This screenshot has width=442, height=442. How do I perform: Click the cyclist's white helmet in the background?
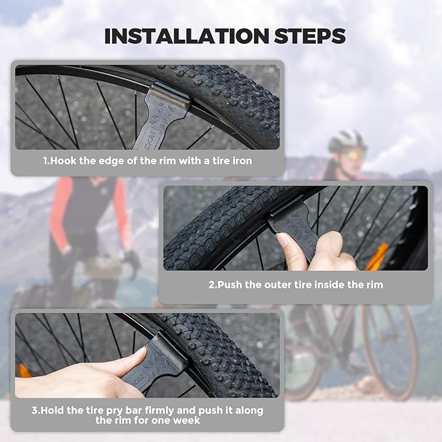[x=347, y=140]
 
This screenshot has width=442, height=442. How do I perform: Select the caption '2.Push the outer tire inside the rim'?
[x=296, y=284]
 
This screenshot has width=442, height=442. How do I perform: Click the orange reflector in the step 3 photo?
[x=24, y=370]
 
